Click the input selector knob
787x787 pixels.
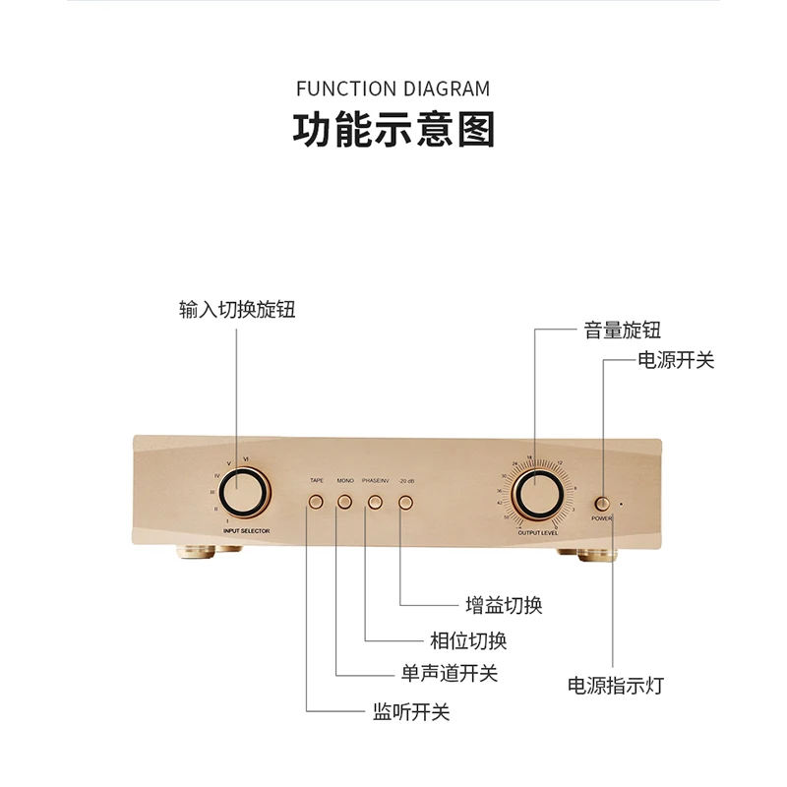[242, 492]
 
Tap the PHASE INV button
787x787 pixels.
[375, 503]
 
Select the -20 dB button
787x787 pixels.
[405, 503]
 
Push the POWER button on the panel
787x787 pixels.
[601, 503]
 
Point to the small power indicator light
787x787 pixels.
[621, 505]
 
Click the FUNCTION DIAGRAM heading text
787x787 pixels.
[393, 89]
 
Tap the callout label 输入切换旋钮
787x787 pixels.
[237, 309]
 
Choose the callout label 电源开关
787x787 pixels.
[676, 360]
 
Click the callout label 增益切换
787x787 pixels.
[504, 605]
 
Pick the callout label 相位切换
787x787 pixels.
[468, 641]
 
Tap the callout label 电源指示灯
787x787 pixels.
[616, 685]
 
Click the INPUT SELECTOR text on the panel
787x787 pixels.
[246, 530]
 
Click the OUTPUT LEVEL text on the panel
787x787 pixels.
[538, 531]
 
